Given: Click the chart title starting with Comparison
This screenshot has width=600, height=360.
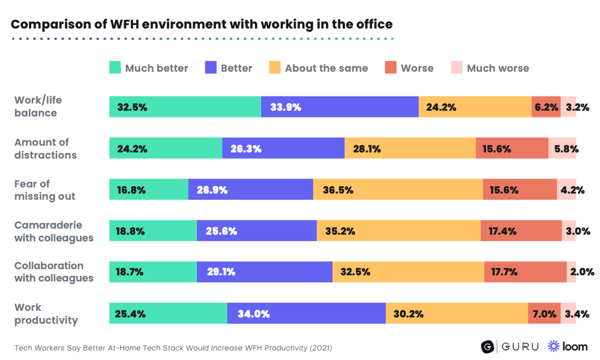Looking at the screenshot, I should [x=201, y=24].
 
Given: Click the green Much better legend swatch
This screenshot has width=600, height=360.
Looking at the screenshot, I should [x=115, y=68].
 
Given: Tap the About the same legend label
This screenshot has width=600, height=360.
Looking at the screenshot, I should [x=326, y=68].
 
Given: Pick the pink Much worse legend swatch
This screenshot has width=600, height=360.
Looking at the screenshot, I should [x=457, y=68].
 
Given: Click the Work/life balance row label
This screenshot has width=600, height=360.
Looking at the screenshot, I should [x=38, y=106].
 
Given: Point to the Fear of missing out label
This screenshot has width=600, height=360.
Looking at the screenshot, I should [x=45, y=190].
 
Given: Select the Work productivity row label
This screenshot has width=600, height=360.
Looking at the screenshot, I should [x=46, y=314].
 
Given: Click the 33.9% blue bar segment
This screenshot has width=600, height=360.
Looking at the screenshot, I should [x=339, y=107].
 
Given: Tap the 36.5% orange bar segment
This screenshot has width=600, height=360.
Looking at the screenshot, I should [x=397, y=190].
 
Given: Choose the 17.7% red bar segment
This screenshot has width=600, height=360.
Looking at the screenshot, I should [x=525, y=272].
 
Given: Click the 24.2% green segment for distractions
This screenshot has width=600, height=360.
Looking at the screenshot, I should [x=165, y=149].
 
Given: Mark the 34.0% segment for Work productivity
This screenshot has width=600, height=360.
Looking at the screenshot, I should [x=306, y=314].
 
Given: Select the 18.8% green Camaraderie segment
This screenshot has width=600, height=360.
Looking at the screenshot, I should [x=153, y=231].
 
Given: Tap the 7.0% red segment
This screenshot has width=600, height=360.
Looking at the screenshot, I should [x=544, y=314].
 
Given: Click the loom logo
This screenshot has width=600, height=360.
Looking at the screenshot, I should [x=567, y=346].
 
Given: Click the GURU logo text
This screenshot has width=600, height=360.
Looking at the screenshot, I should [x=520, y=347].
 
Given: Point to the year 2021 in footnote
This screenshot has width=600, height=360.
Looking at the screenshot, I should [x=321, y=348].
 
